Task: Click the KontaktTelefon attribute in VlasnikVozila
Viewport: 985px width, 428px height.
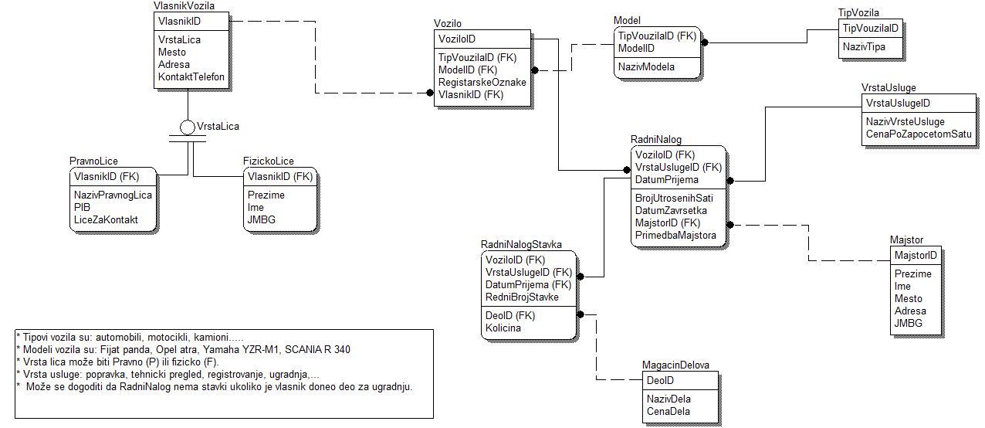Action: pyautogui.click(x=191, y=77)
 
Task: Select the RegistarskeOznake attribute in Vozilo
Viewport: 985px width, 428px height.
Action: pyautogui.click(x=482, y=82)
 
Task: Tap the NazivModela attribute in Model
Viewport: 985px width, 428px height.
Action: pyautogui.click(x=646, y=67)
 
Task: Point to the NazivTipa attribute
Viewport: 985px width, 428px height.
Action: pyautogui.click(x=864, y=46)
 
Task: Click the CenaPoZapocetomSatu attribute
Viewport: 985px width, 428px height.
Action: pyautogui.click(x=919, y=134)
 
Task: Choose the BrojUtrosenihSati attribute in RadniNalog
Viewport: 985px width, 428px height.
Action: pyautogui.click(x=674, y=198)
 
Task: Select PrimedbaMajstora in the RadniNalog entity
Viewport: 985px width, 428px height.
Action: pyautogui.click(x=675, y=236)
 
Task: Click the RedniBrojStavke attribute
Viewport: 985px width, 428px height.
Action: pyautogui.click(x=522, y=297)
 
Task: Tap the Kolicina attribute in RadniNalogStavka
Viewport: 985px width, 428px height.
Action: pyautogui.click(x=503, y=328)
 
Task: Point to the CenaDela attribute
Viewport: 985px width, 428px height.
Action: pyautogui.click(x=668, y=411)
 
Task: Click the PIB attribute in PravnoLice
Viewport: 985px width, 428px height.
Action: pyautogui.click(x=83, y=207)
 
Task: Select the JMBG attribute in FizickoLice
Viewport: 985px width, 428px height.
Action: pyautogui.click(x=261, y=219)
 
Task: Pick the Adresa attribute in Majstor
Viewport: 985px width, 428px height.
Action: pyautogui.click(x=910, y=311)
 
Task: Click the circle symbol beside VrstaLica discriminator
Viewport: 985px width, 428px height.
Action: pyautogui.click(x=188, y=127)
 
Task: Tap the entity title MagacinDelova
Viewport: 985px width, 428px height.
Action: pyautogui.click(x=675, y=365)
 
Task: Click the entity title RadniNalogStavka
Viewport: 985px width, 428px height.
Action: pyautogui.click(x=521, y=244)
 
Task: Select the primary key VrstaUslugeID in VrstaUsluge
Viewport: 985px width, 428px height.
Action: pyautogui.click(x=898, y=103)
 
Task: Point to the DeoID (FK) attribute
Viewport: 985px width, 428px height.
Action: pyautogui.click(x=510, y=315)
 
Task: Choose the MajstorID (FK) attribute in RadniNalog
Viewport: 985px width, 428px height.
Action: pyautogui.click(x=668, y=223)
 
